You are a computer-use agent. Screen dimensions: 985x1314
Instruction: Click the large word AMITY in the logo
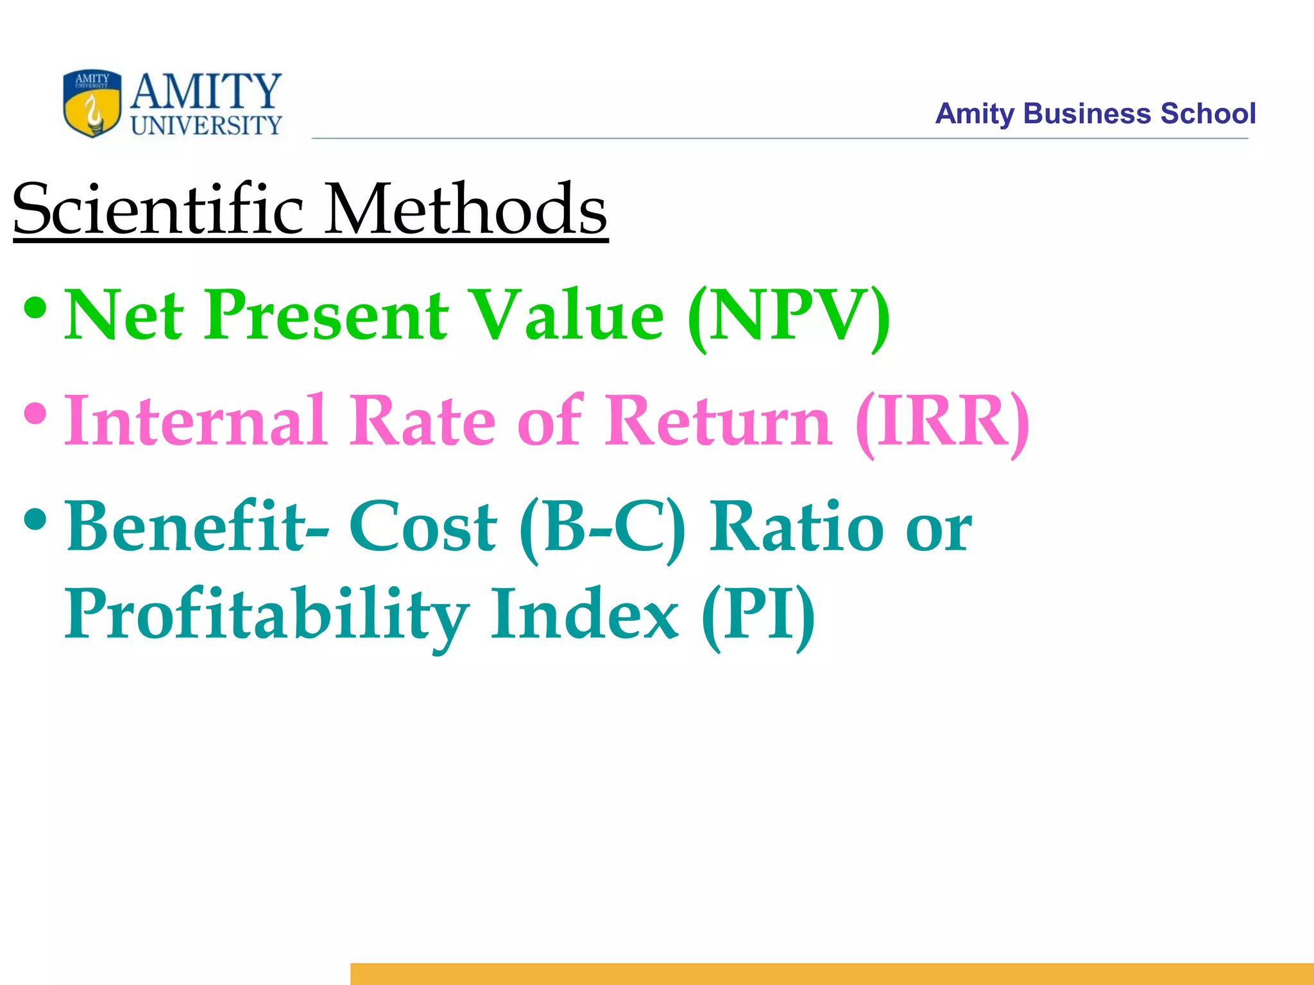(206, 91)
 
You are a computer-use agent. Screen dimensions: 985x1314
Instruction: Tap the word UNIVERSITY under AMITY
(206, 126)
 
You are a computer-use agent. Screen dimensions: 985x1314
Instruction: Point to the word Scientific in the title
(157, 209)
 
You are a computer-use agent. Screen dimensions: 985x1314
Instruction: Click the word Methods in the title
(465, 209)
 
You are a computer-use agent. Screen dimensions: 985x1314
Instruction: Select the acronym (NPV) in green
(789, 316)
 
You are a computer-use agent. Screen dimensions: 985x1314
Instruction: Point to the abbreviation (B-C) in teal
(602, 528)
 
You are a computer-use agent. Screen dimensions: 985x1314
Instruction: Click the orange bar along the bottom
(832, 973)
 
